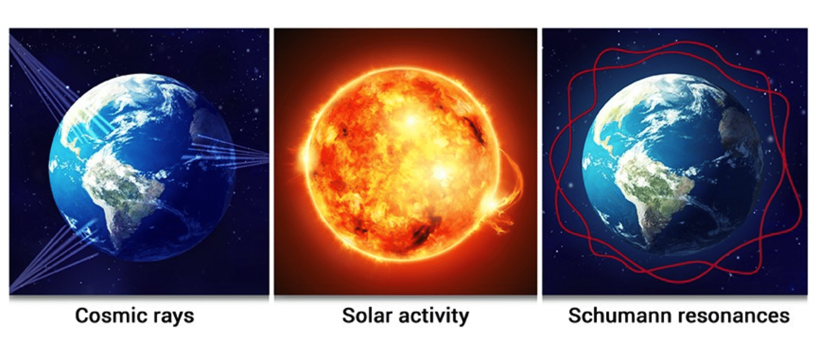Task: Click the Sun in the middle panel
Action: point(402,163)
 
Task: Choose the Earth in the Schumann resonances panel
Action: point(672,163)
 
